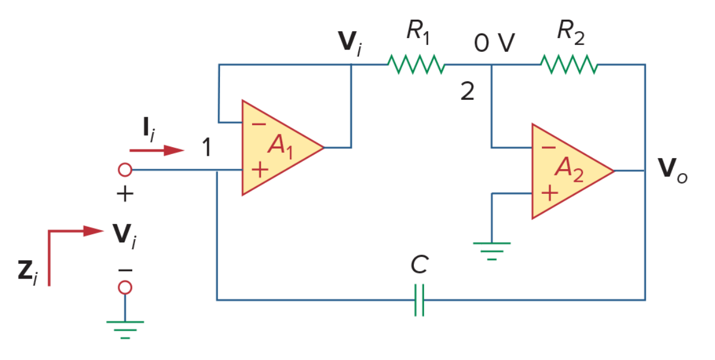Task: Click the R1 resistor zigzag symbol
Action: pyautogui.click(x=416, y=65)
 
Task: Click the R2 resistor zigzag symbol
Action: pyautogui.click(x=569, y=65)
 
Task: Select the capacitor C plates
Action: pyautogui.click(x=419, y=301)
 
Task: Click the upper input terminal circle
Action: pyautogui.click(x=125, y=170)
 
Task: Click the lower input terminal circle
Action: pyautogui.click(x=125, y=287)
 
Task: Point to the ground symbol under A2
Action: pyautogui.click(x=492, y=251)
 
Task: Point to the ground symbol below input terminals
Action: pyautogui.click(x=125, y=329)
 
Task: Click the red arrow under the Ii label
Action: pyautogui.click(x=157, y=151)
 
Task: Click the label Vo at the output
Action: pyautogui.click(x=672, y=171)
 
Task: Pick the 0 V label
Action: pyautogui.click(x=495, y=43)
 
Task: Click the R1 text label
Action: pyautogui.click(x=418, y=32)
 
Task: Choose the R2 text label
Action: pyautogui.click(x=571, y=32)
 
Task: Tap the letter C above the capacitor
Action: pyautogui.click(x=420, y=265)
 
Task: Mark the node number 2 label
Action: pyautogui.click(x=467, y=91)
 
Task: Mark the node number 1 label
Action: pyautogui.click(x=207, y=147)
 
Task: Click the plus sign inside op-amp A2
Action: pyautogui.click(x=549, y=193)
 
